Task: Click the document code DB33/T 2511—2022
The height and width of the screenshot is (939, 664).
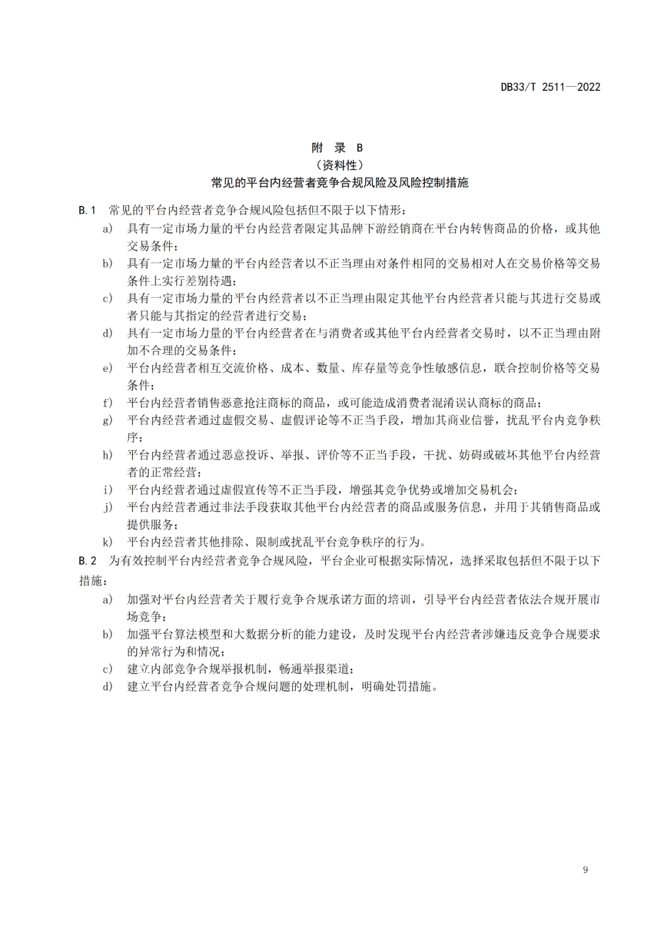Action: (550, 87)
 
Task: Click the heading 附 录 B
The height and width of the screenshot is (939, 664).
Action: (337, 148)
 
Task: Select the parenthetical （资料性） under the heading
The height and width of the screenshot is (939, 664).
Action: (339, 165)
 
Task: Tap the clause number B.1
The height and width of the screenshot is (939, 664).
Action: (87, 210)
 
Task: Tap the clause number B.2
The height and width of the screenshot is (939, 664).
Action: (87, 561)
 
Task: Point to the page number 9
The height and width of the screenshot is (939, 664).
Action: (585, 870)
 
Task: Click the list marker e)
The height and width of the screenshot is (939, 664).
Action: (108, 368)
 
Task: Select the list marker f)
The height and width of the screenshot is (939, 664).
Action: (108, 403)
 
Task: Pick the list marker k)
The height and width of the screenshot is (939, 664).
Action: (108, 542)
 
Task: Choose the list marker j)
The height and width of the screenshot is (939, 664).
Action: (108, 507)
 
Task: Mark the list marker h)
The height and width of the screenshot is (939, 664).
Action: (108, 455)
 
